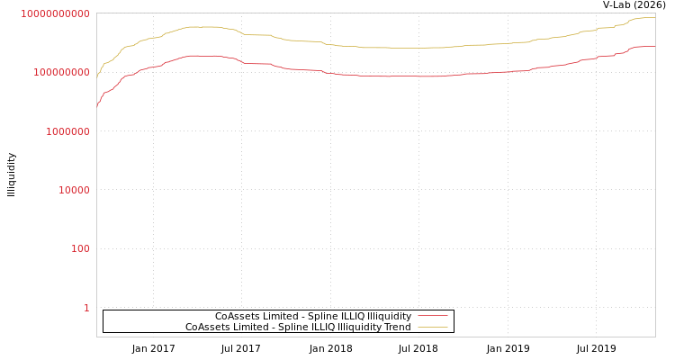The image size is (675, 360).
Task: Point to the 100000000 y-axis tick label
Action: click(x=55, y=72)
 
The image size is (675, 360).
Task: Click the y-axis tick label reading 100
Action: click(x=80, y=248)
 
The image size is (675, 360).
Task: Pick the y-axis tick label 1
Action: click(x=86, y=308)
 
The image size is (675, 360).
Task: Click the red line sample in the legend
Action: click(x=433, y=316)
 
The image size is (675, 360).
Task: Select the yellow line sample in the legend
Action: click(x=433, y=327)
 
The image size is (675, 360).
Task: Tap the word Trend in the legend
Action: click(x=398, y=327)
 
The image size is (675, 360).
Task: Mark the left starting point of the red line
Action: click(x=97, y=106)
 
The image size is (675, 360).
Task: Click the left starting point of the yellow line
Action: click(x=97, y=78)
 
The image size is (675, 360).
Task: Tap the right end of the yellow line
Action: click(x=654, y=17)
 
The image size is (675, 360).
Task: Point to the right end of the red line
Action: click(x=654, y=46)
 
